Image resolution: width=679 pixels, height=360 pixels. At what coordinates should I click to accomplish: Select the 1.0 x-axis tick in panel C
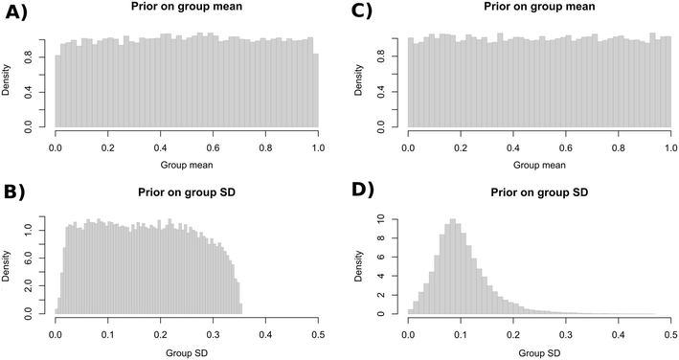(669, 148)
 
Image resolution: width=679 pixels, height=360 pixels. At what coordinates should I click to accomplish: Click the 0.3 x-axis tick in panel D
(565, 335)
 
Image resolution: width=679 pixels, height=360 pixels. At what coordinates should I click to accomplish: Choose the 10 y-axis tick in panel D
(393, 219)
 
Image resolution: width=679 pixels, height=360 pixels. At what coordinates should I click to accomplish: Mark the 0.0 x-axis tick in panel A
(55, 148)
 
